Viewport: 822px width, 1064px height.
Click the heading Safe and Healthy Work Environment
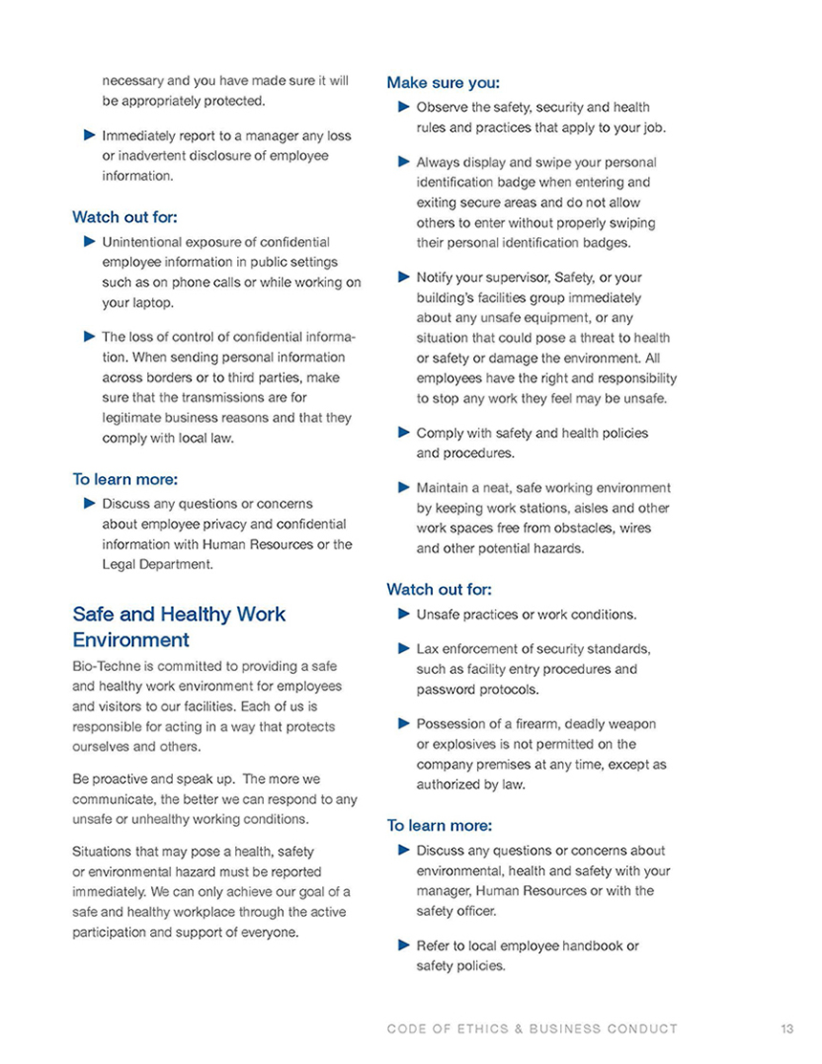[x=179, y=626]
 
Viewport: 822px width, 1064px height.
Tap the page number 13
[x=787, y=1029]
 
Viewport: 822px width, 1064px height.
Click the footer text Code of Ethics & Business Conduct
[x=532, y=1029]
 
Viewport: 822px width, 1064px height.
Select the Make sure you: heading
[x=443, y=83]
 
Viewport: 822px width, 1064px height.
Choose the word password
[x=445, y=688]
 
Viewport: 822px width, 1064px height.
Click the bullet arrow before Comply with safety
[x=403, y=432]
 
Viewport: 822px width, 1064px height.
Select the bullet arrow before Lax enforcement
[x=403, y=649]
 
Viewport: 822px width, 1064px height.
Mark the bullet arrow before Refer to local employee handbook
[x=403, y=945]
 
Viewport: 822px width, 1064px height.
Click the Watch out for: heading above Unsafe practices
[x=439, y=590]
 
